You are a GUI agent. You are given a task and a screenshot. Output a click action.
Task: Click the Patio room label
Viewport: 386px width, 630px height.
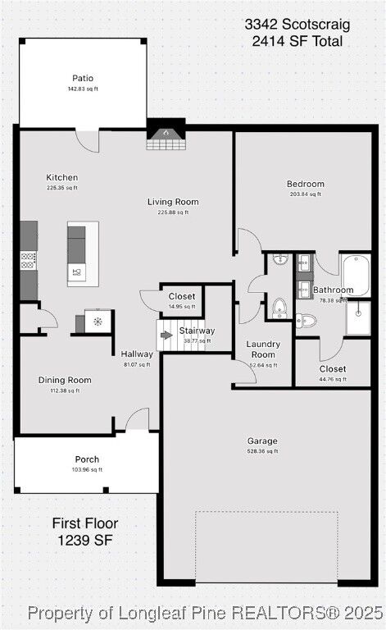pyautogui.click(x=83, y=79)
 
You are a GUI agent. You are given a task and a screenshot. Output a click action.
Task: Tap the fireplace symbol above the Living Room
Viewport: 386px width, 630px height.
pyautogui.click(x=164, y=136)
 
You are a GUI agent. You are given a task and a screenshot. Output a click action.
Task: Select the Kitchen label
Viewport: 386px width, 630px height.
pyautogui.click(x=62, y=177)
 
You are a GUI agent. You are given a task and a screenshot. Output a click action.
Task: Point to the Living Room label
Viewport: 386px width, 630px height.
pyautogui.click(x=173, y=202)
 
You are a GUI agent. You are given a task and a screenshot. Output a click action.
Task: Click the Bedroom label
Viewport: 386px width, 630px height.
pyautogui.click(x=306, y=184)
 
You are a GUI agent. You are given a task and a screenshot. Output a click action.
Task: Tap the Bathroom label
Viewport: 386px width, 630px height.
pyautogui.click(x=333, y=290)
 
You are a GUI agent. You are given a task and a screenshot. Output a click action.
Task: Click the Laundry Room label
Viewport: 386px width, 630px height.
pyautogui.click(x=263, y=349)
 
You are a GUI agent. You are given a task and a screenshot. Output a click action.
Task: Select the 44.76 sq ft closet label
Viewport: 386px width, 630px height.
pyautogui.click(x=333, y=369)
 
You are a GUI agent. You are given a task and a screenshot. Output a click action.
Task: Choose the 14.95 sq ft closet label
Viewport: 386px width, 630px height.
pyautogui.click(x=182, y=297)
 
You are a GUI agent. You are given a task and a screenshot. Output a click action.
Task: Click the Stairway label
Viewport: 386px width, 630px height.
pyautogui.click(x=197, y=331)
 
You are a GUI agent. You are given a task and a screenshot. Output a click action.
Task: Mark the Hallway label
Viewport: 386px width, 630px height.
pyautogui.click(x=136, y=355)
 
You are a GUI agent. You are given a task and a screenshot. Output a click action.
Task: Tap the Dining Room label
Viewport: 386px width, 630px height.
pyautogui.click(x=65, y=380)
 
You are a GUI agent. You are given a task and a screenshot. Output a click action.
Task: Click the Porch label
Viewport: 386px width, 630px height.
pyautogui.click(x=87, y=459)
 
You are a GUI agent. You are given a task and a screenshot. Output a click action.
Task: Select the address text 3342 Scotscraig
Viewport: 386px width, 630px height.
pyautogui.click(x=297, y=25)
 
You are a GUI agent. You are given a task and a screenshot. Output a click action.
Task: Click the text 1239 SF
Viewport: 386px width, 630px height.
pyautogui.click(x=85, y=540)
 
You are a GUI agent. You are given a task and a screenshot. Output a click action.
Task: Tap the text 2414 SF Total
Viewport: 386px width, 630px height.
pyautogui.click(x=297, y=41)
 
